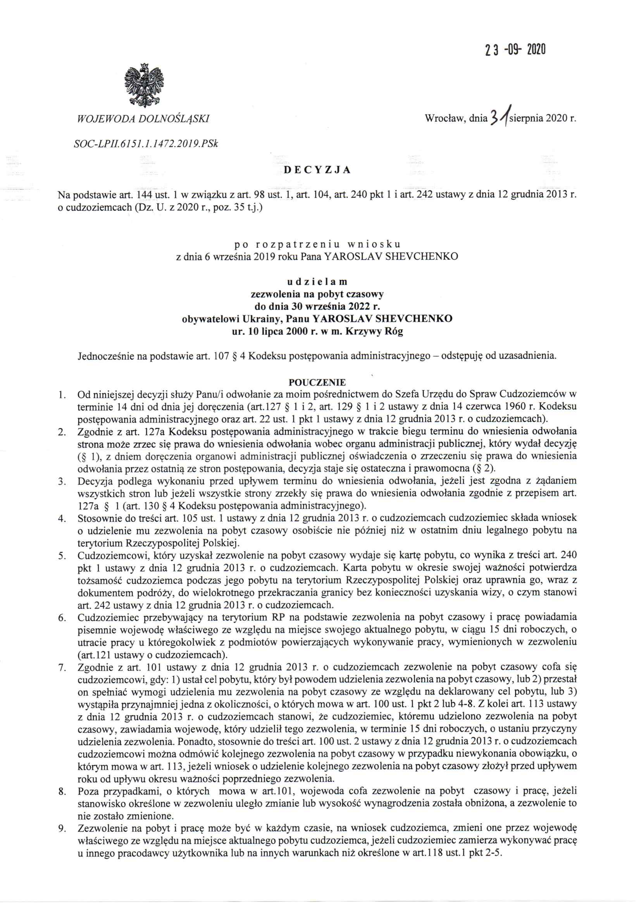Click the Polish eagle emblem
point(143,84)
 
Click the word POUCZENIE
point(317,382)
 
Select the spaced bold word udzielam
point(317,282)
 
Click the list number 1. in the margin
point(62,395)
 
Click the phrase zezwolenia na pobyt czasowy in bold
point(317,294)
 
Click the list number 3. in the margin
point(62,481)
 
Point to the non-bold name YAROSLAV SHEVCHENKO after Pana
point(391,257)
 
